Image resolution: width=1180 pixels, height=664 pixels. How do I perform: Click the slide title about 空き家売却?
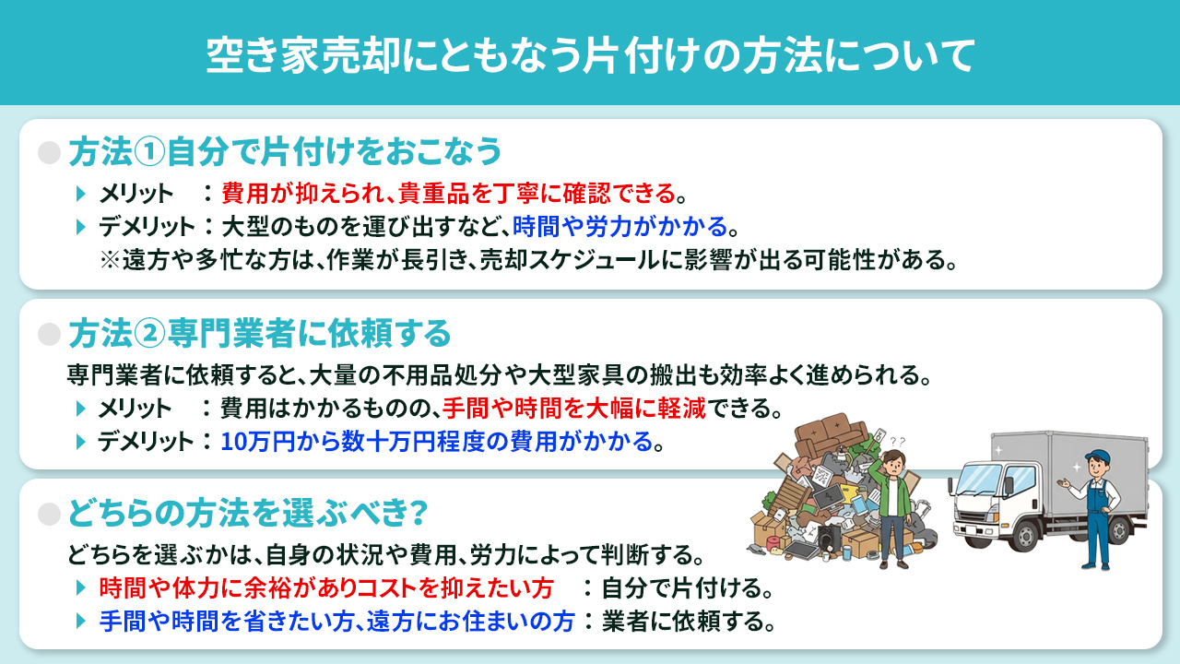[x=590, y=54]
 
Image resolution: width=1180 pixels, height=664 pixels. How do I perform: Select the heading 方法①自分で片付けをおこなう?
[x=285, y=151]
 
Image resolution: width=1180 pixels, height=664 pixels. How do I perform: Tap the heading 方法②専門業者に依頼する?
[x=259, y=332]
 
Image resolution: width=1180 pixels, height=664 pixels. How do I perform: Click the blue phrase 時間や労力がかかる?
[x=619, y=226]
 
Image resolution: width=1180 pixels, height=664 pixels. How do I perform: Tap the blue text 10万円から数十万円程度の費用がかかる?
[x=436, y=441]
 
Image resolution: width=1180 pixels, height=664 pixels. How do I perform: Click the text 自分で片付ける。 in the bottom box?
[x=687, y=587]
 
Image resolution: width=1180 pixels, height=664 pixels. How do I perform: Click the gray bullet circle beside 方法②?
[x=49, y=333]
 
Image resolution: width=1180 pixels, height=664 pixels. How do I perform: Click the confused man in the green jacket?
[x=891, y=507]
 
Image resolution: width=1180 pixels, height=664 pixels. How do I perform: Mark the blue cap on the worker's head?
[x=1095, y=455]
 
